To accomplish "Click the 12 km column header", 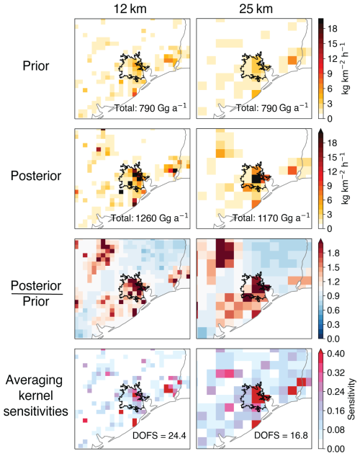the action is pyautogui.click(x=130, y=9).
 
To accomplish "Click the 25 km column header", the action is pyautogui.click(x=256, y=9).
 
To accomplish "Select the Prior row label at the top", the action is pyautogui.click(x=36, y=66).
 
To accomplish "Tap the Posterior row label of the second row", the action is pyautogui.click(x=36, y=176).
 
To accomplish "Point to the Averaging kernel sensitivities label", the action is pyautogui.click(x=35, y=395).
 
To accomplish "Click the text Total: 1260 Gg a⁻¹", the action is pyautogui.click(x=149, y=218).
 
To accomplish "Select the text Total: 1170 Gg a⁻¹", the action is pyautogui.click(x=271, y=218).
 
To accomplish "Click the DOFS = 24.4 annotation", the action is pyautogui.click(x=159, y=435).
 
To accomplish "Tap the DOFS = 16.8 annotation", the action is pyautogui.click(x=281, y=435).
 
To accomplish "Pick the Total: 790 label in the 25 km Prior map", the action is pyautogui.click(x=271, y=107).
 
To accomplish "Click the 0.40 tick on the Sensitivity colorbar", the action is pyautogui.click(x=336, y=354).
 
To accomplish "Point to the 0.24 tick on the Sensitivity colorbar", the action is pyautogui.click(x=336, y=392).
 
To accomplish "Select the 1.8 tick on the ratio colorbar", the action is pyautogui.click(x=333, y=253).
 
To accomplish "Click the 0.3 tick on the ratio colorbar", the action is pyautogui.click(x=333, y=325).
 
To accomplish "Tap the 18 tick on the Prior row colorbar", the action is pyautogui.click(x=333, y=29).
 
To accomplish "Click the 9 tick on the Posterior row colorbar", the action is pyautogui.click(x=330, y=186).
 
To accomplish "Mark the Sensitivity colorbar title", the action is pyautogui.click(x=351, y=399).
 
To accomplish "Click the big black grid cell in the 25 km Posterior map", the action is pyautogui.click(x=256, y=179).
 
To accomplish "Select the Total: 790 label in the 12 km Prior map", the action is pyautogui.click(x=150, y=107).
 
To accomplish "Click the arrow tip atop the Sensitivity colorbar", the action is pyautogui.click(x=321, y=349).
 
